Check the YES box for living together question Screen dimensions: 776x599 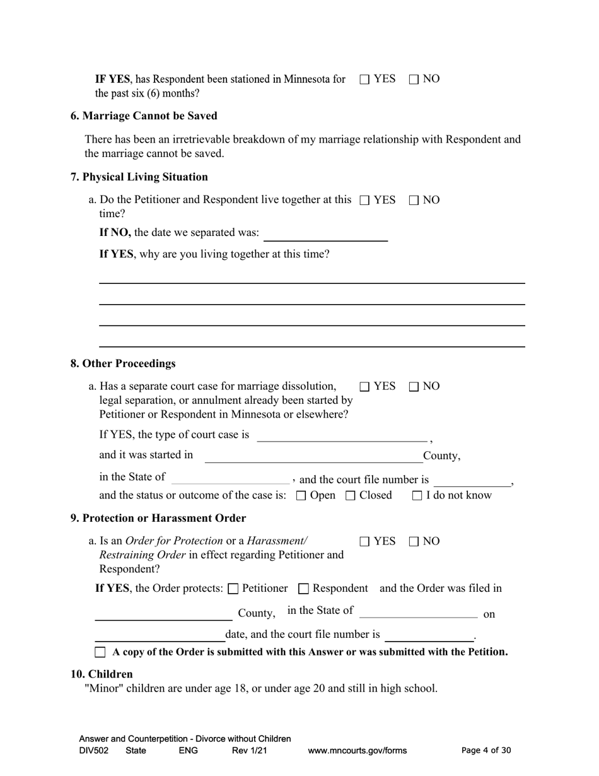click(364, 201)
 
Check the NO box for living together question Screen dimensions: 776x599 click(414, 201)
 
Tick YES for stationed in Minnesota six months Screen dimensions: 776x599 click(364, 79)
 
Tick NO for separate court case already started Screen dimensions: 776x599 click(414, 387)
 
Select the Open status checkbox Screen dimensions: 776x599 click(301, 496)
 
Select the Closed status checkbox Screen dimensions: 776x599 click(351, 496)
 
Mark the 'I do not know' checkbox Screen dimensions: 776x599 click(417, 496)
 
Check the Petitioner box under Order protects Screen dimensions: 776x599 click(233, 589)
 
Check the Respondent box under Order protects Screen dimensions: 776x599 click(303, 589)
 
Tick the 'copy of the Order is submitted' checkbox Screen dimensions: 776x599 click(100, 652)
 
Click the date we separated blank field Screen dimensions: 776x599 click(325, 234)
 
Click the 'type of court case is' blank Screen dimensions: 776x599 click(342, 435)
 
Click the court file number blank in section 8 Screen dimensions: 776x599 click(472, 480)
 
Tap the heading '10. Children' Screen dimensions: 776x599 click(102, 674)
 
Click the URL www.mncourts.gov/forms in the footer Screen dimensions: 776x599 click(357, 751)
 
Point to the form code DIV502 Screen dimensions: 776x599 click(94, 751)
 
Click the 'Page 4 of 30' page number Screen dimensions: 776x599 click(486, 751)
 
